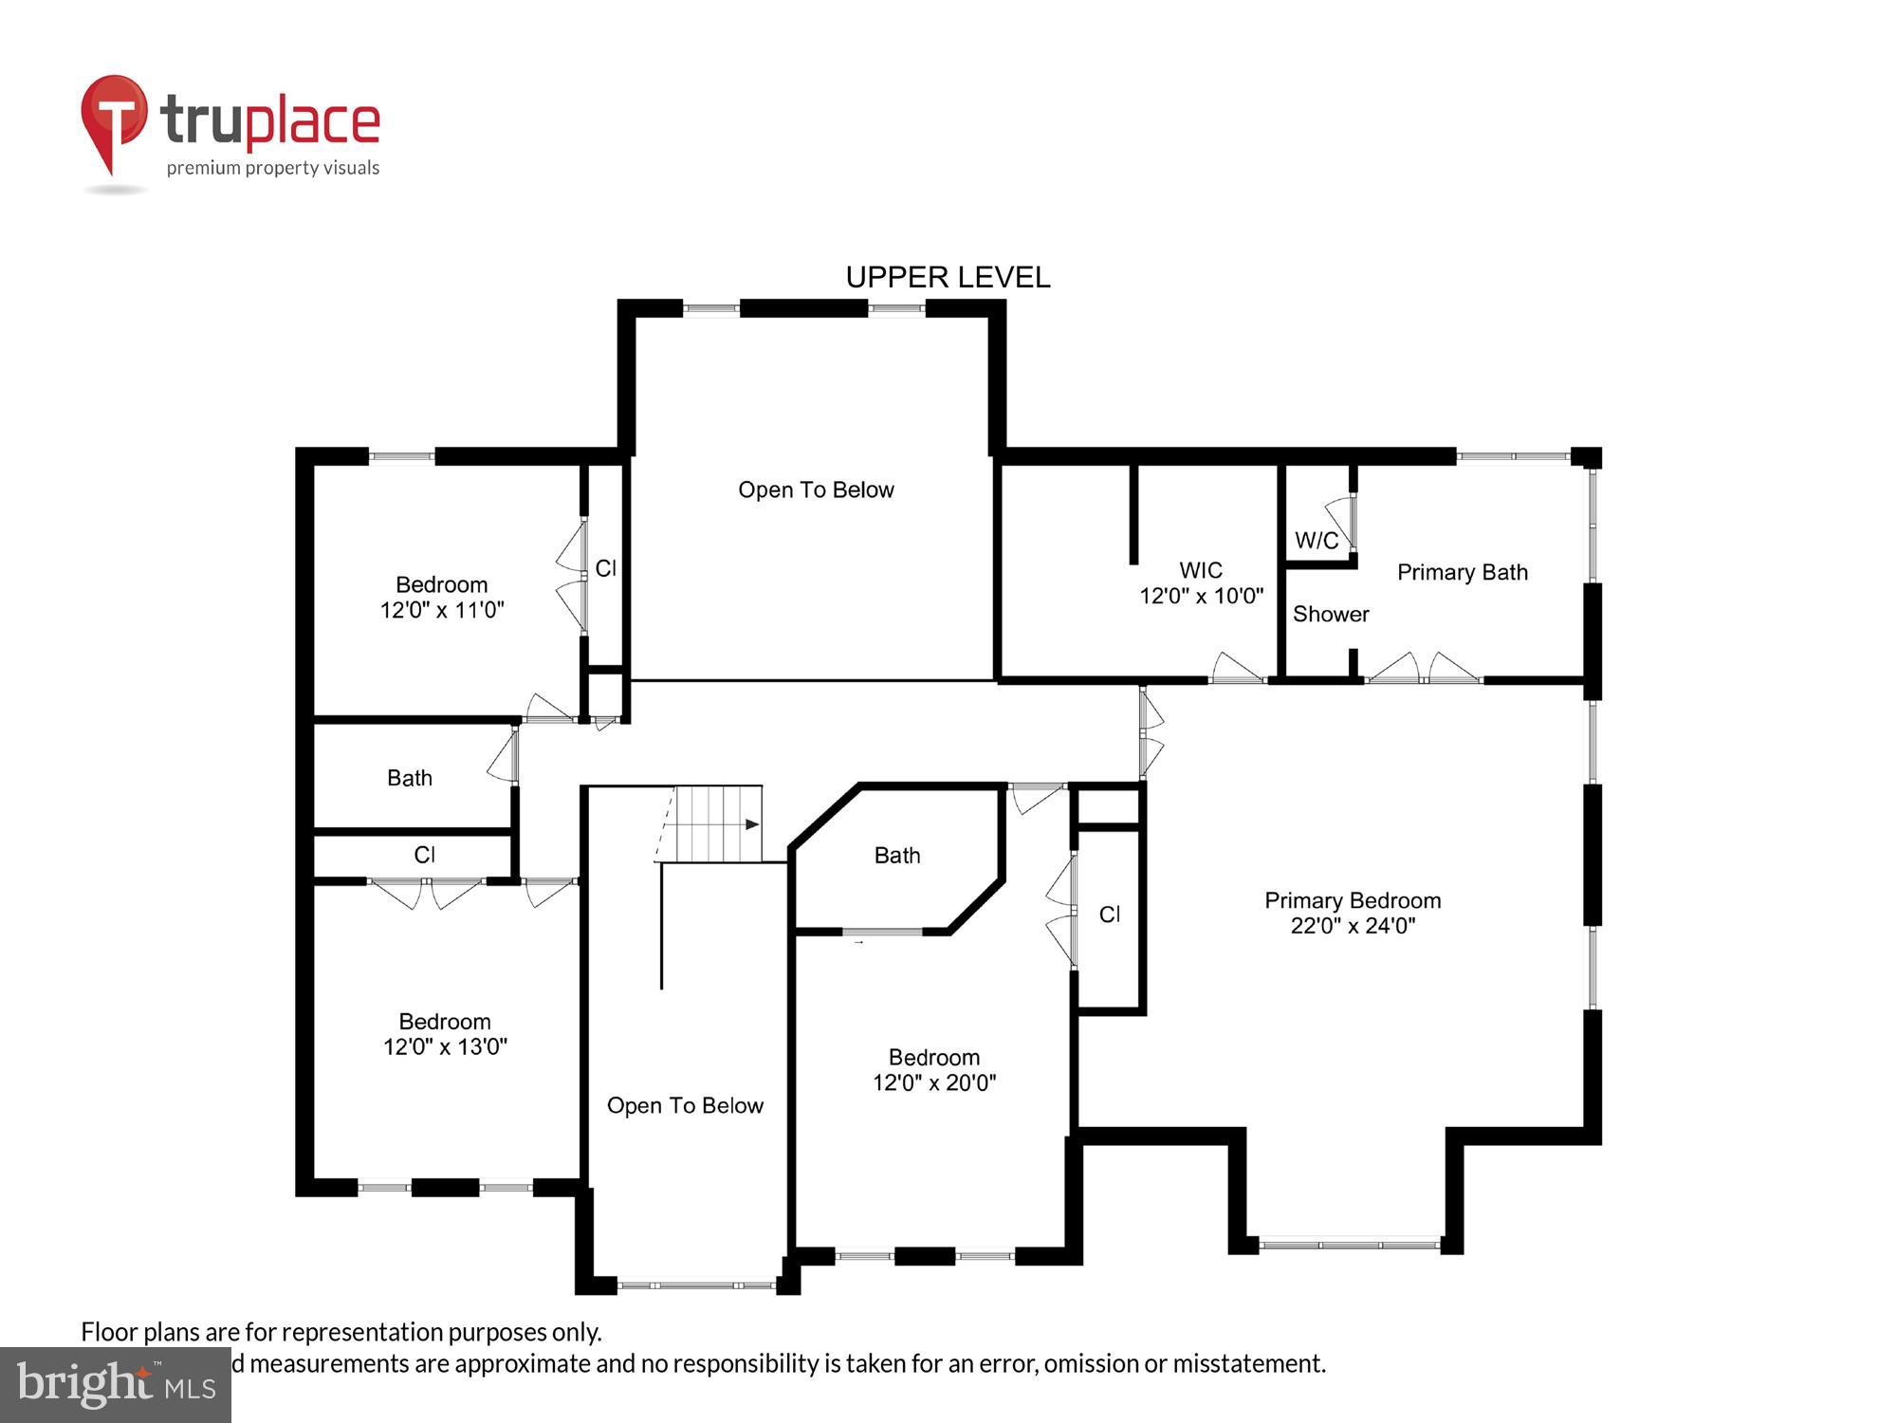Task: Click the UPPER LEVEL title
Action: [948, 277]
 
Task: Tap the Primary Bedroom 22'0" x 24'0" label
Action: [1353, 913]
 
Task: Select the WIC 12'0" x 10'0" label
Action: [1201, 582]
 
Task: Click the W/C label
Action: [1317, 541]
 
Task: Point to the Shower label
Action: [1331, 614]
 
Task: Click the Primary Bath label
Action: [1462, 572]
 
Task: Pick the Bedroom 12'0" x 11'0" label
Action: [442, 597]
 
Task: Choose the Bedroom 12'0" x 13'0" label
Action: [445, 1034]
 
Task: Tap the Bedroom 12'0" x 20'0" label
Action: [934, 1070]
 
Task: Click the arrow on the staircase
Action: [751, 824]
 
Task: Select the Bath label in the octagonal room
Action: [897, 856]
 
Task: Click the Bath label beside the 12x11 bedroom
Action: [410, 778]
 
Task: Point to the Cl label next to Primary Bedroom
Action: [1110, 915]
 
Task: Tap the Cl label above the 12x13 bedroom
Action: [424, 855]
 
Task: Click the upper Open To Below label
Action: [816, 490]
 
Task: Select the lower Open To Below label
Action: [685, 1105]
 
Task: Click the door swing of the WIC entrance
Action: [1237, 668]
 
